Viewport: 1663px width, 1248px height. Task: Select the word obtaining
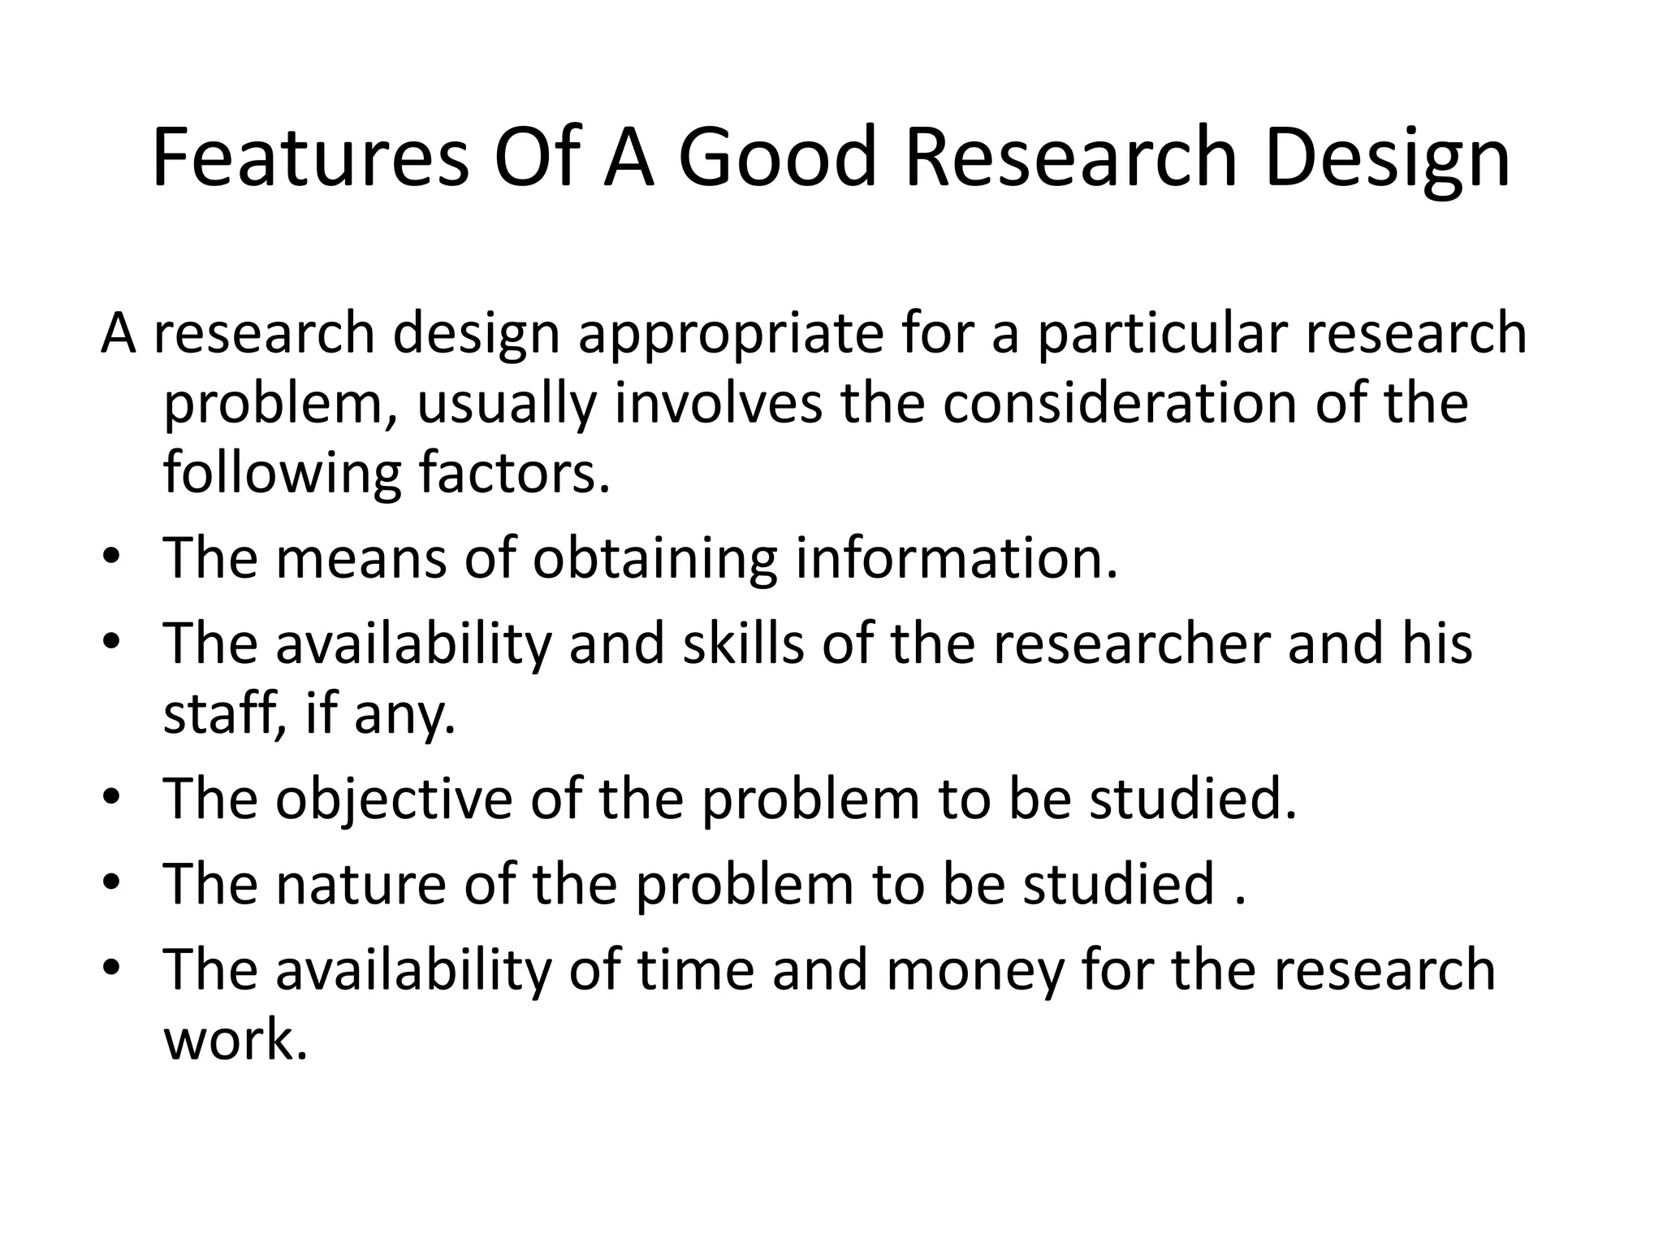[x=654, y=560]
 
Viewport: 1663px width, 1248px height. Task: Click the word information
[x=956, y=558]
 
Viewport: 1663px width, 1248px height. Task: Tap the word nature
[x=361, y=884]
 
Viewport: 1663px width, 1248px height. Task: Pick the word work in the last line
[x=235, y=1039]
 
